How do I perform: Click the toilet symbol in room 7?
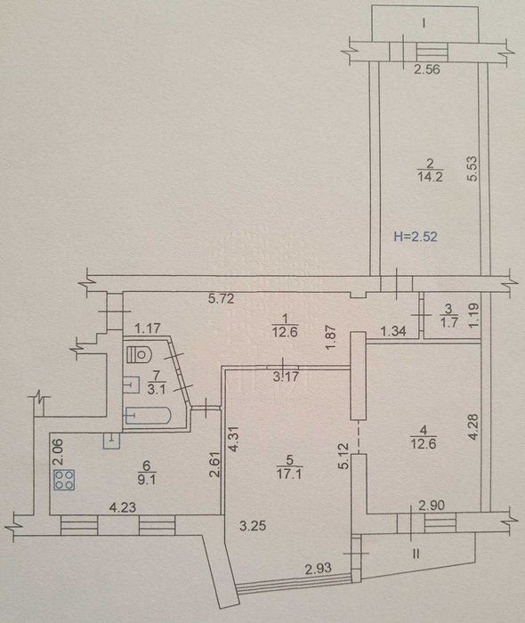click(139, 353)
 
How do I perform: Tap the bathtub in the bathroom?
click(149, 416)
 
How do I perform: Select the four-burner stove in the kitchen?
click(64, 480)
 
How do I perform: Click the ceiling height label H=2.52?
click(416, 237)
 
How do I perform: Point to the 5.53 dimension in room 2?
click(472, 169)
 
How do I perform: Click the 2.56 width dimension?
click(427, 69)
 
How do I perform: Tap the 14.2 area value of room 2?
click(430, 176)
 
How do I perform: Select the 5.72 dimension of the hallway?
click(222, 298)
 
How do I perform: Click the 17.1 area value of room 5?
click(289, 474)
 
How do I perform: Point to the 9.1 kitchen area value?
click(147, 480)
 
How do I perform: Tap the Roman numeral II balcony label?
click(416, 554)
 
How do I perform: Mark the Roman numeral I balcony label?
click(424, 23)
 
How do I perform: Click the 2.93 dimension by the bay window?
click(318, 568)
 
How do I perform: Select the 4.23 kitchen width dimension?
click(123, 507)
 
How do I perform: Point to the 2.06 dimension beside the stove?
click(58, 452)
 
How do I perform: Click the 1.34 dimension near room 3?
click(393, 330)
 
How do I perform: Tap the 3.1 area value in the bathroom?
click(156, 390)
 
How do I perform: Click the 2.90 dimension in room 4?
click(432, 506)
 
